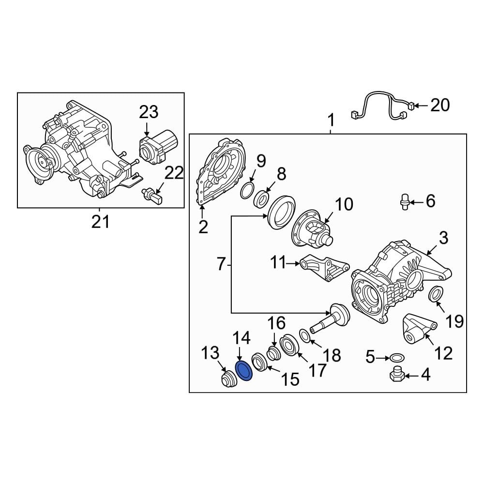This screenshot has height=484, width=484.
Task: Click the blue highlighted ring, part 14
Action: pyautogui.click(x=244, y=371)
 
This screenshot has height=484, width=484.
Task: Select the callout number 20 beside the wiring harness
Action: pyautogui.click(x=440, y=105)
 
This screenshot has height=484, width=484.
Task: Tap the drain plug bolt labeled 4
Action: pyautogui.click(x=396, y=375)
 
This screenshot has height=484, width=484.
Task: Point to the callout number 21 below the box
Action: pyautogui.click(x=101, y=222)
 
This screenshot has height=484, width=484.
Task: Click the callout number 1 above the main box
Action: pyautogui.click(x=331, y=119)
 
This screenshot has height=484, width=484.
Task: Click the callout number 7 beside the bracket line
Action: pyautogui.click(x=221, y=264)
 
